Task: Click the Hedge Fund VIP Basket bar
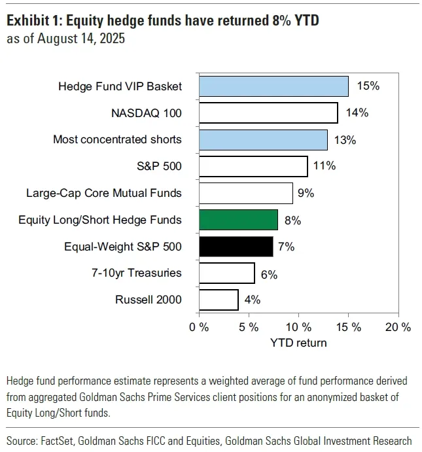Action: click(273, 86)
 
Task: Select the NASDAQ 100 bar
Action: click(268, 113)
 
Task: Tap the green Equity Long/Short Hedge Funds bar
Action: click(238, 220)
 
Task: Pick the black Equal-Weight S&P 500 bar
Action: click(236, 247)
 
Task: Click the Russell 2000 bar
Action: click(219, 300)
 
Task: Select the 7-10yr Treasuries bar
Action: click(226, 273)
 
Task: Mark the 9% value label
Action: click(306, 194)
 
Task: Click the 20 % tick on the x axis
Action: click(398, 327)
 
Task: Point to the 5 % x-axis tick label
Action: click(249, 327)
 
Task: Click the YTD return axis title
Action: click(298, 342)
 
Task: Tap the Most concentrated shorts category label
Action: click(117, 139)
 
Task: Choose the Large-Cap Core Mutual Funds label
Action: click(104, 193)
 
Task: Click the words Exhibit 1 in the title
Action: click(34, 20)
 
